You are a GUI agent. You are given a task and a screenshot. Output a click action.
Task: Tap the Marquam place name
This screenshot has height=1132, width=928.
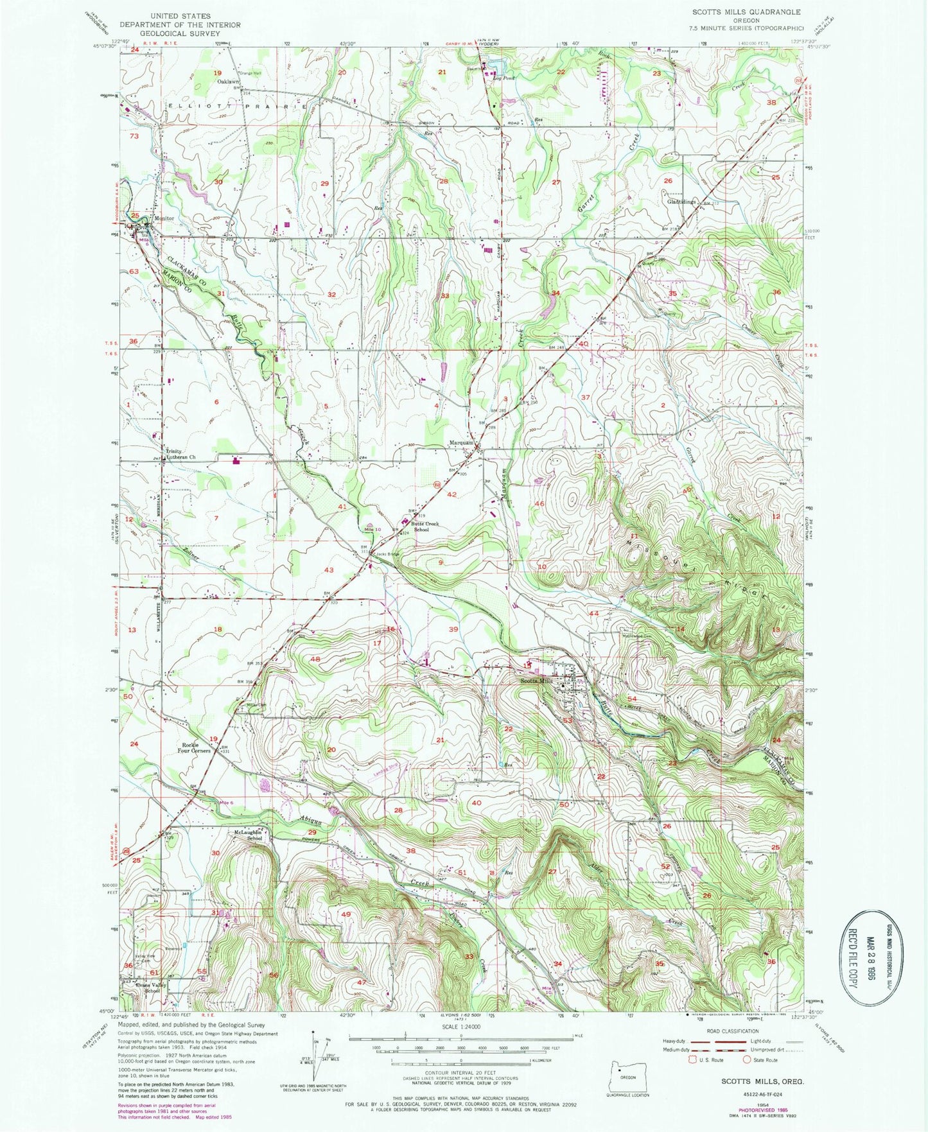(461, 443)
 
